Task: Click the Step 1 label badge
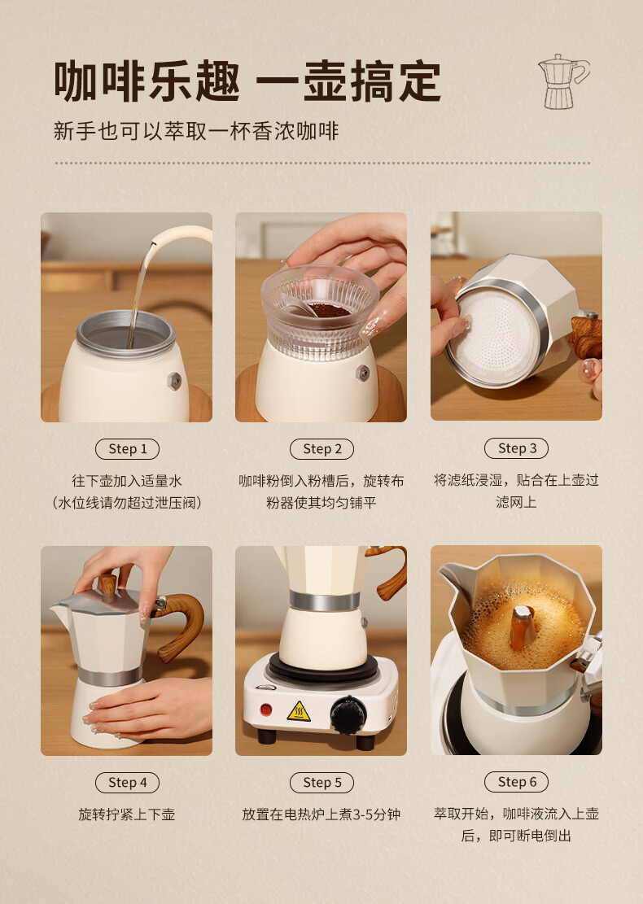pos(128,449)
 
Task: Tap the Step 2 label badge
pos(321,449)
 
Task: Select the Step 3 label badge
pos(517,448)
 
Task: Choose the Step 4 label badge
pos(128,782)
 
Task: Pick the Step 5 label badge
pos(321,782)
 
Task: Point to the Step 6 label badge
pos(517,782)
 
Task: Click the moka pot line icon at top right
pos(563,81)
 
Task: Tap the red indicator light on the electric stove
pos(266,710)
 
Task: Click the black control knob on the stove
pos(348,715)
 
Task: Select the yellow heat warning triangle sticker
pos(299,712)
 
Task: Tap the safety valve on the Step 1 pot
pos(174,381)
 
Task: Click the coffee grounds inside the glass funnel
pos(327,310)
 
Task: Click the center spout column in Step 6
pos(523,627)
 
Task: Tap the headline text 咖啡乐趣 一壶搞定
pos(247,81)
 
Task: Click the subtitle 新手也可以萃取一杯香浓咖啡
pos(196,132)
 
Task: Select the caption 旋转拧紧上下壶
pos(127,814)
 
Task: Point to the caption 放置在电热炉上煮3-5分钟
pos(321,814)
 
